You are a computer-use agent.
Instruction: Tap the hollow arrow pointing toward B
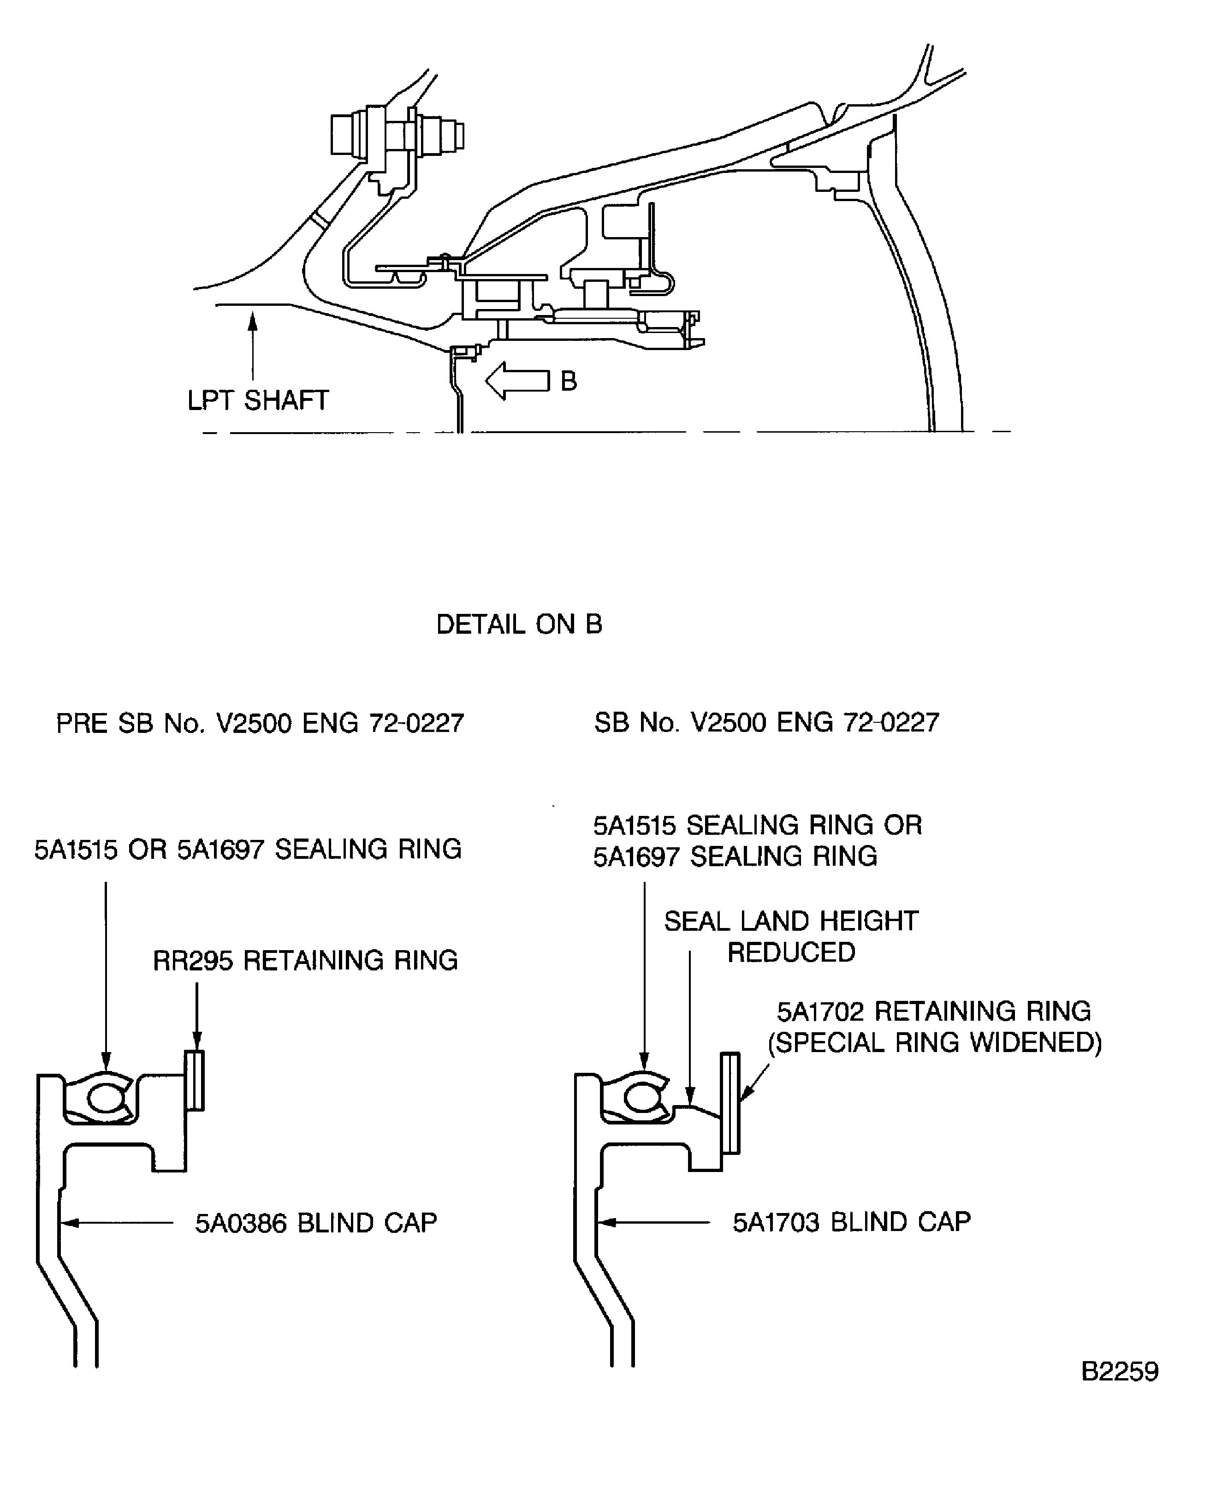pyautogui.click(x=516, y=381)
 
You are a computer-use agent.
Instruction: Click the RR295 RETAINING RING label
pyautogui.click(x=306, y=960)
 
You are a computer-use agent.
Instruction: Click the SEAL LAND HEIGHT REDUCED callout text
pyautogui.click(x=791, y=936)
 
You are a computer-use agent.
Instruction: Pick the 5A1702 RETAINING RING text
pyautogui.click(x=934, y=1011)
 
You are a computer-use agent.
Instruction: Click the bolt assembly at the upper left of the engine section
pyautogui.click(x=396, y=134)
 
